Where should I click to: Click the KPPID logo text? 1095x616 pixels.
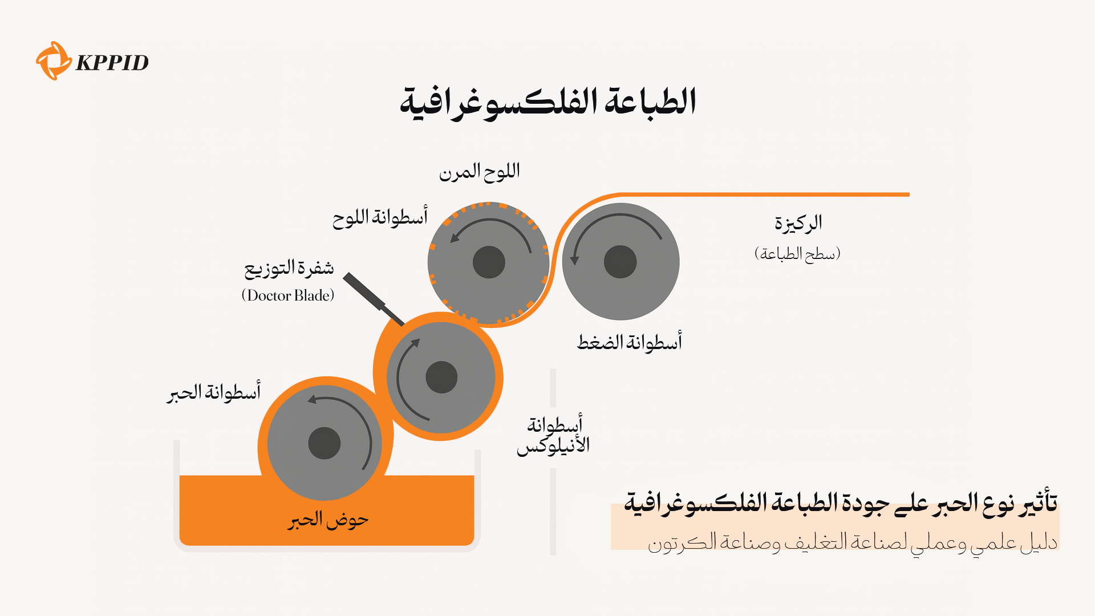112,62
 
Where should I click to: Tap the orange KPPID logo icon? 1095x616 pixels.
53,60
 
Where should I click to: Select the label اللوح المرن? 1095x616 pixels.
479,171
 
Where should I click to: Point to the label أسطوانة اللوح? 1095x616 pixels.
380,217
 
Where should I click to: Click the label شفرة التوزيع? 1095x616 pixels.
289,268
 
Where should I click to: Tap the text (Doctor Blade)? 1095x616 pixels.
288,295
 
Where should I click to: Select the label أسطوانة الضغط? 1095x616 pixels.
630,342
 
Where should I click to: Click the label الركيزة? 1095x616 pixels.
798,223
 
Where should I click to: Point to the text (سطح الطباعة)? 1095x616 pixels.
797,253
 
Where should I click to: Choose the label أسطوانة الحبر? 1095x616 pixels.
214,392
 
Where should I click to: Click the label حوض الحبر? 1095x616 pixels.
328,520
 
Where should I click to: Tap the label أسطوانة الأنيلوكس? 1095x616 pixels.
553,435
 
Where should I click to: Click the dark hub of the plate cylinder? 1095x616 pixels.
489,262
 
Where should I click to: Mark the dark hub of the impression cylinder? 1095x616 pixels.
620,262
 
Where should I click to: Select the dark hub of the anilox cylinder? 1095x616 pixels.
441,377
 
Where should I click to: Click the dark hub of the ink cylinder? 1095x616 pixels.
325,443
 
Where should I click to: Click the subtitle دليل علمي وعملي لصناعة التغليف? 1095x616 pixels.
853,542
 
